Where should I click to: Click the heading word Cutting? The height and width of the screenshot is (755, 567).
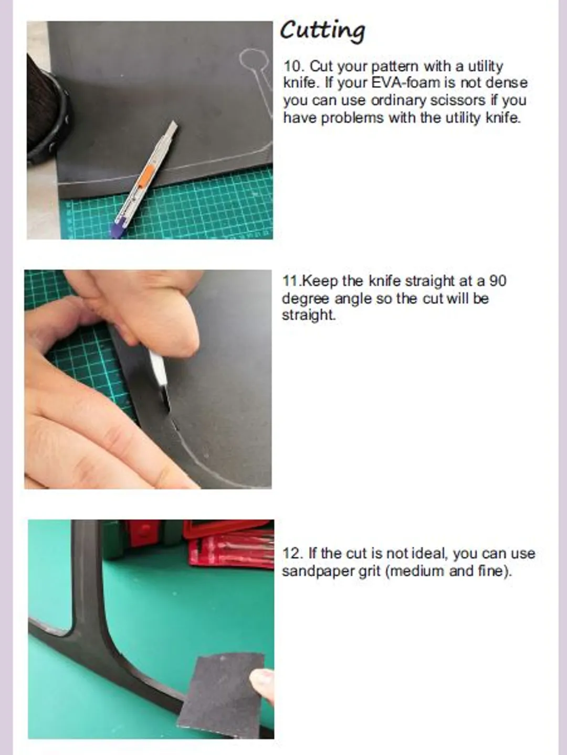(x=322, y=31)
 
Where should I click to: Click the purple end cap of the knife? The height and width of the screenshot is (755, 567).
(x=118, y=228)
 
